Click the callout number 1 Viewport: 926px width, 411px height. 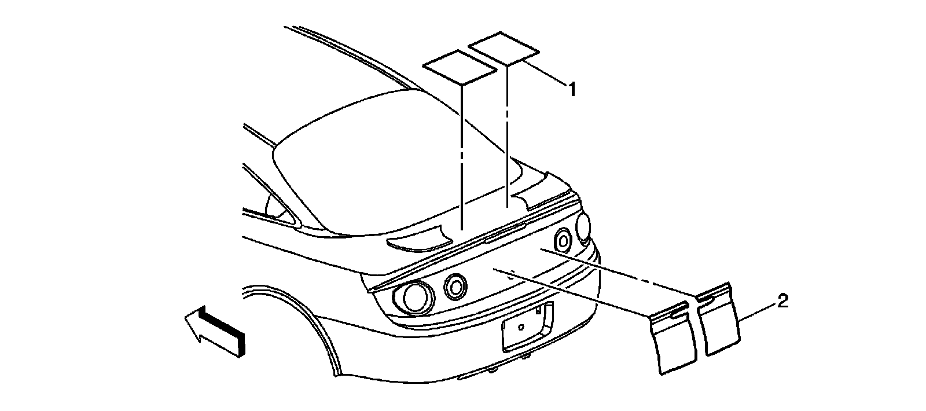[x=571, y=90]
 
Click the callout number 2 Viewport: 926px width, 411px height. [x=782, y=301]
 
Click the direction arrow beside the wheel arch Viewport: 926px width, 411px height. [x=215, y=332]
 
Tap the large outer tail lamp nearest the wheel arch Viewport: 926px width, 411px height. [x=413, y=297]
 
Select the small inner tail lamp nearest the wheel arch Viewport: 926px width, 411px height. [x=455, y=285]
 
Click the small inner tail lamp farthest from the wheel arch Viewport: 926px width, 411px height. [x=563, y=238]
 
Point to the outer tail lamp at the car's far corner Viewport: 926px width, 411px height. [x=583, y=227]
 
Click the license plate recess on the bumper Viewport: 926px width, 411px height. [x=526, y=327]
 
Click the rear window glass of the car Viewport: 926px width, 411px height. [x=370, y=168]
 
